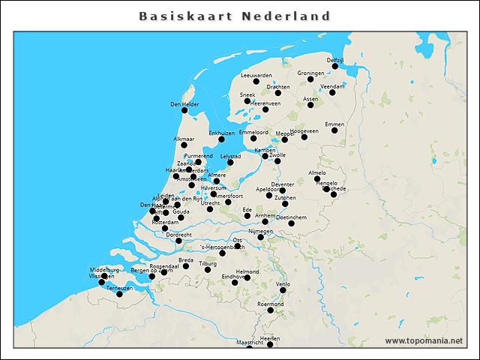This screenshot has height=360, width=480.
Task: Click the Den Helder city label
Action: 184,104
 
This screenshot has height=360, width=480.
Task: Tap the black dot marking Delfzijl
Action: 335,67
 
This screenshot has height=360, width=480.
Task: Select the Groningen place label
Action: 310,73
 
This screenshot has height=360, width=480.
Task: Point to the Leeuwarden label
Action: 256,76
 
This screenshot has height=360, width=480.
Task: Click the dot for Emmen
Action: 334,130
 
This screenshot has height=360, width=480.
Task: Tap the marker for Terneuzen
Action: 119,294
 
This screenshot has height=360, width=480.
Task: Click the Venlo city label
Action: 283,284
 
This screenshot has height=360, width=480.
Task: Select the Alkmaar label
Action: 184,139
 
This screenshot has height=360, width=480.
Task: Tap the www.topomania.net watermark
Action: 424,341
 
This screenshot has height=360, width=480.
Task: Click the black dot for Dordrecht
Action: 178,241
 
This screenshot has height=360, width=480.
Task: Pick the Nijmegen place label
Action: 260,231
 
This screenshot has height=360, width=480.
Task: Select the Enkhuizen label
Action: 221,133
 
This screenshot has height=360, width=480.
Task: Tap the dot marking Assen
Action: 310,105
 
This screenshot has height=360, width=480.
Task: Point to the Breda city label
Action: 186,259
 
